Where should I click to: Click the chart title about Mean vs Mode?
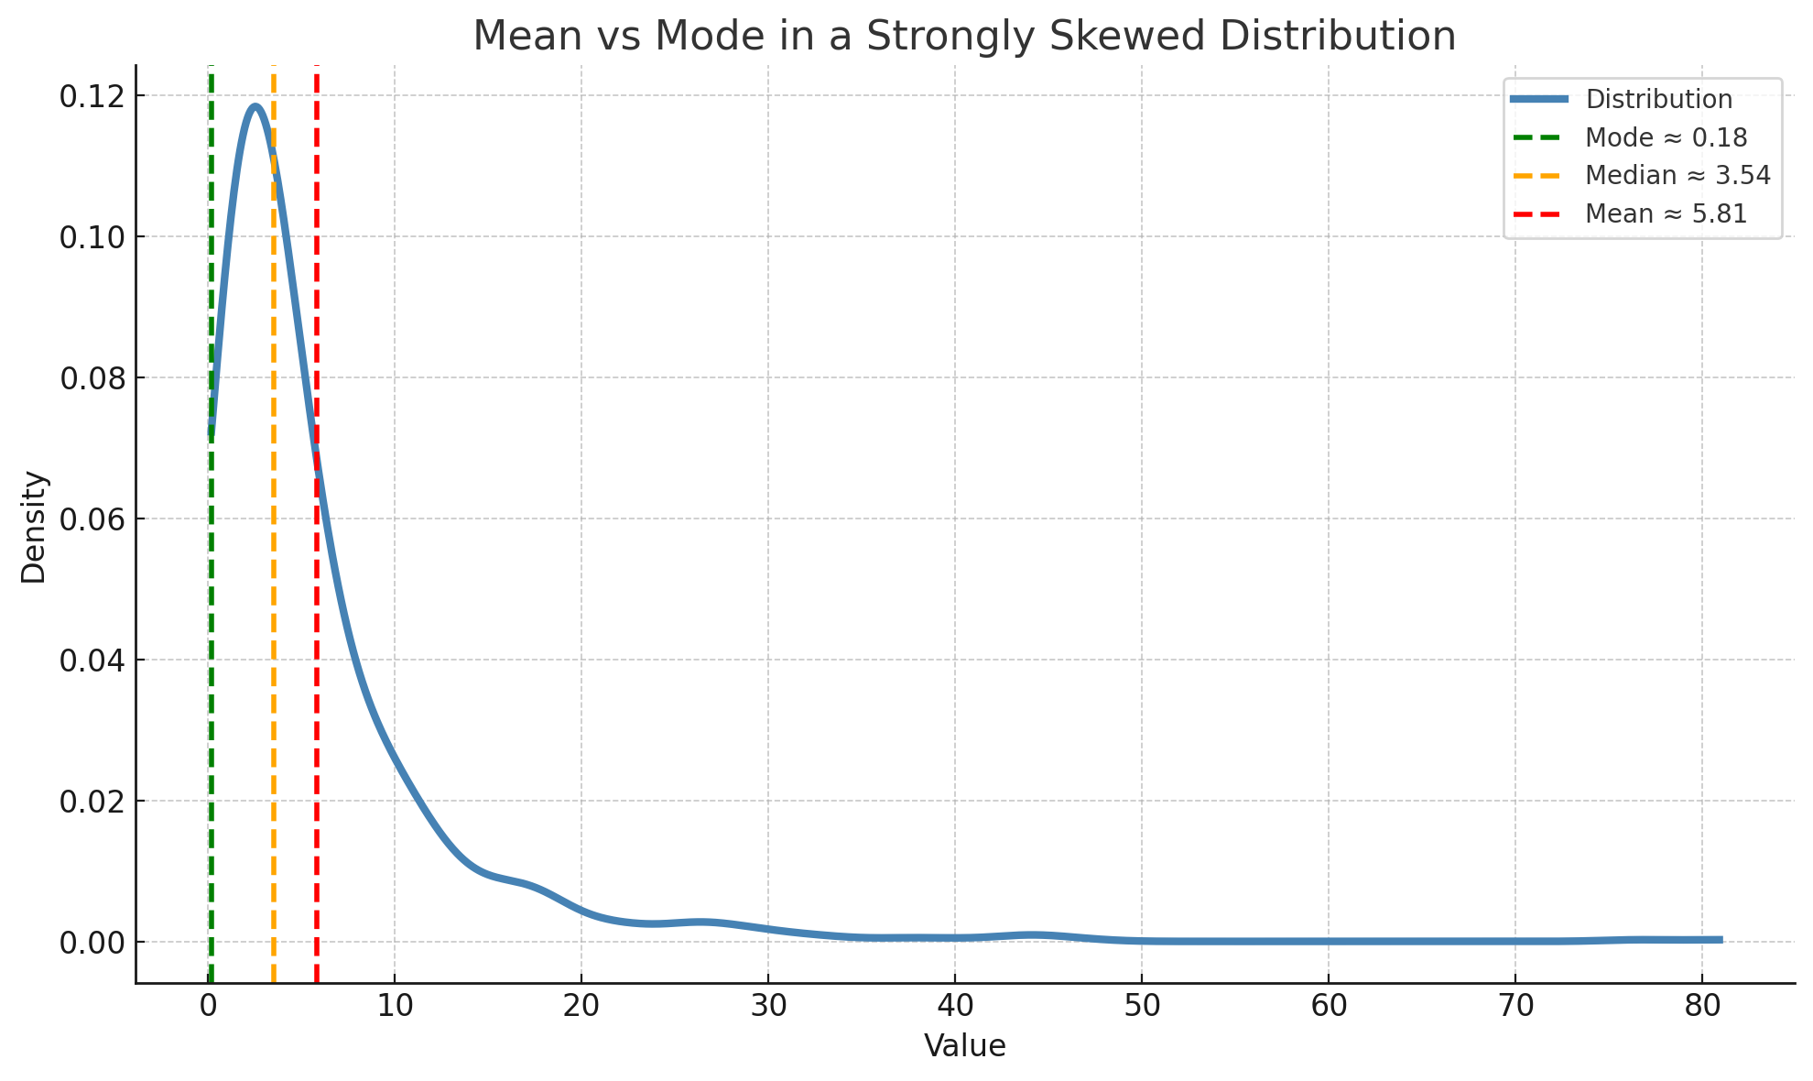coord(964,37)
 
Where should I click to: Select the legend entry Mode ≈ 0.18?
coord(1666,137)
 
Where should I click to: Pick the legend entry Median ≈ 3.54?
coord(1677,175)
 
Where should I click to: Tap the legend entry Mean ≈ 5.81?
coord(1666,213)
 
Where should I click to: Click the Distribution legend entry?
coord(1658,99)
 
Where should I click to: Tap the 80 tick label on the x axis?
coord(1701,1005)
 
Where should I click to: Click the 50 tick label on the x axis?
coord(1141,1005)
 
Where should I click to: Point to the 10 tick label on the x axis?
coord(394,1005)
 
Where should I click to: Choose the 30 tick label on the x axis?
coord(767,1005)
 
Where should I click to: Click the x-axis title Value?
coord(964,1046)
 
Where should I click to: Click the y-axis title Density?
coord(34,527)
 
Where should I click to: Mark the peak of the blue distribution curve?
coord(255,106)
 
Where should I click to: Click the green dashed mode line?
coord(211,641)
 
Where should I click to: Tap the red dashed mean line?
coord(317,733)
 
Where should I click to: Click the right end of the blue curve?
coord(1720,939)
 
